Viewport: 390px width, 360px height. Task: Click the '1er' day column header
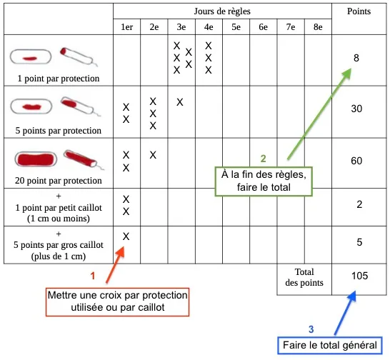[x=126, y=27]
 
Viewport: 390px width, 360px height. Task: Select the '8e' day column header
[x=318, y=27]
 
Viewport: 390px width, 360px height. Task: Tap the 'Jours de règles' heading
[x=222, y=11]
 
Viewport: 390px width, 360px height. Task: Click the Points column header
[x=359, y=11]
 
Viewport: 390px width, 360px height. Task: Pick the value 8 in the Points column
[x=356, y=58]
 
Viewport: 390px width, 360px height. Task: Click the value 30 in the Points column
[x=356, y=109]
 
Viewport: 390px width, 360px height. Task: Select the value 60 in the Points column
[x=356, y=161]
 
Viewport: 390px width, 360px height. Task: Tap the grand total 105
[x=359, y=276]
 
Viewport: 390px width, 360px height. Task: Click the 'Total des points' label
[x=304, y=277]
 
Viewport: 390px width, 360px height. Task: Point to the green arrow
[x=319, y=114]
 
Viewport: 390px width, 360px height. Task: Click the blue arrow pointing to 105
[x=345, y=313]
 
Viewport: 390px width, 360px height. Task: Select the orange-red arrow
[x=115, y=264]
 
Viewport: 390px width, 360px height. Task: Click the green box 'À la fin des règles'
[x=264, y=181]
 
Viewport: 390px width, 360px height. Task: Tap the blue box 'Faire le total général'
[x=330, y=345]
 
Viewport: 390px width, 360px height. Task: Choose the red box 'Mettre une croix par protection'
[x=117, y=301]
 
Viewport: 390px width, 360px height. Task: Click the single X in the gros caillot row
[x=126, y=236]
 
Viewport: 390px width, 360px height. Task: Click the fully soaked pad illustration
[x=36, y=159]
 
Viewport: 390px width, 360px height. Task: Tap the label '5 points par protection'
[x=58, y=131]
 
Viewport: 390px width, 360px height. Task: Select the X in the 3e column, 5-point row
[x=180, y=102]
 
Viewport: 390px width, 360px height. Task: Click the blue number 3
[x=311, y=329]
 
